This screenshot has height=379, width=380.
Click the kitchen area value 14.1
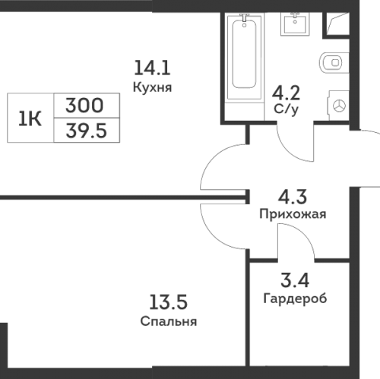click(152, 68)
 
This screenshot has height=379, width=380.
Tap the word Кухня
click(152, 87)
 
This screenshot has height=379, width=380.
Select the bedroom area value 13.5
click(168, 302)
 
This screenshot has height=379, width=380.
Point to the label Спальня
click(169, 321)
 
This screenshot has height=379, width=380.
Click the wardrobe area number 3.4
click(295, 280)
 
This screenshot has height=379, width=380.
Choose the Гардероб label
click(295, 298)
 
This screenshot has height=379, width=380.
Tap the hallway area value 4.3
click(293, 197)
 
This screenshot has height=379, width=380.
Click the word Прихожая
click(293, 214)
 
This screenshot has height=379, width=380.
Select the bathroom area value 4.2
click(286, 93)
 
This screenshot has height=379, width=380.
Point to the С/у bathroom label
click(287, 109)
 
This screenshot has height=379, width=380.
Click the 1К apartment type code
click(30, 119)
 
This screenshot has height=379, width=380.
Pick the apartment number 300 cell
click(87, 106)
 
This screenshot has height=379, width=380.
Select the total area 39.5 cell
click(87, 131)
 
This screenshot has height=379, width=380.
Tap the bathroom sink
click(295, 24)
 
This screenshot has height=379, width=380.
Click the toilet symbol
click(334, 62)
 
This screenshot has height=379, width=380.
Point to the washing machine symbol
click(339, 106)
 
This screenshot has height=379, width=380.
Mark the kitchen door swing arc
click(211, 157)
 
